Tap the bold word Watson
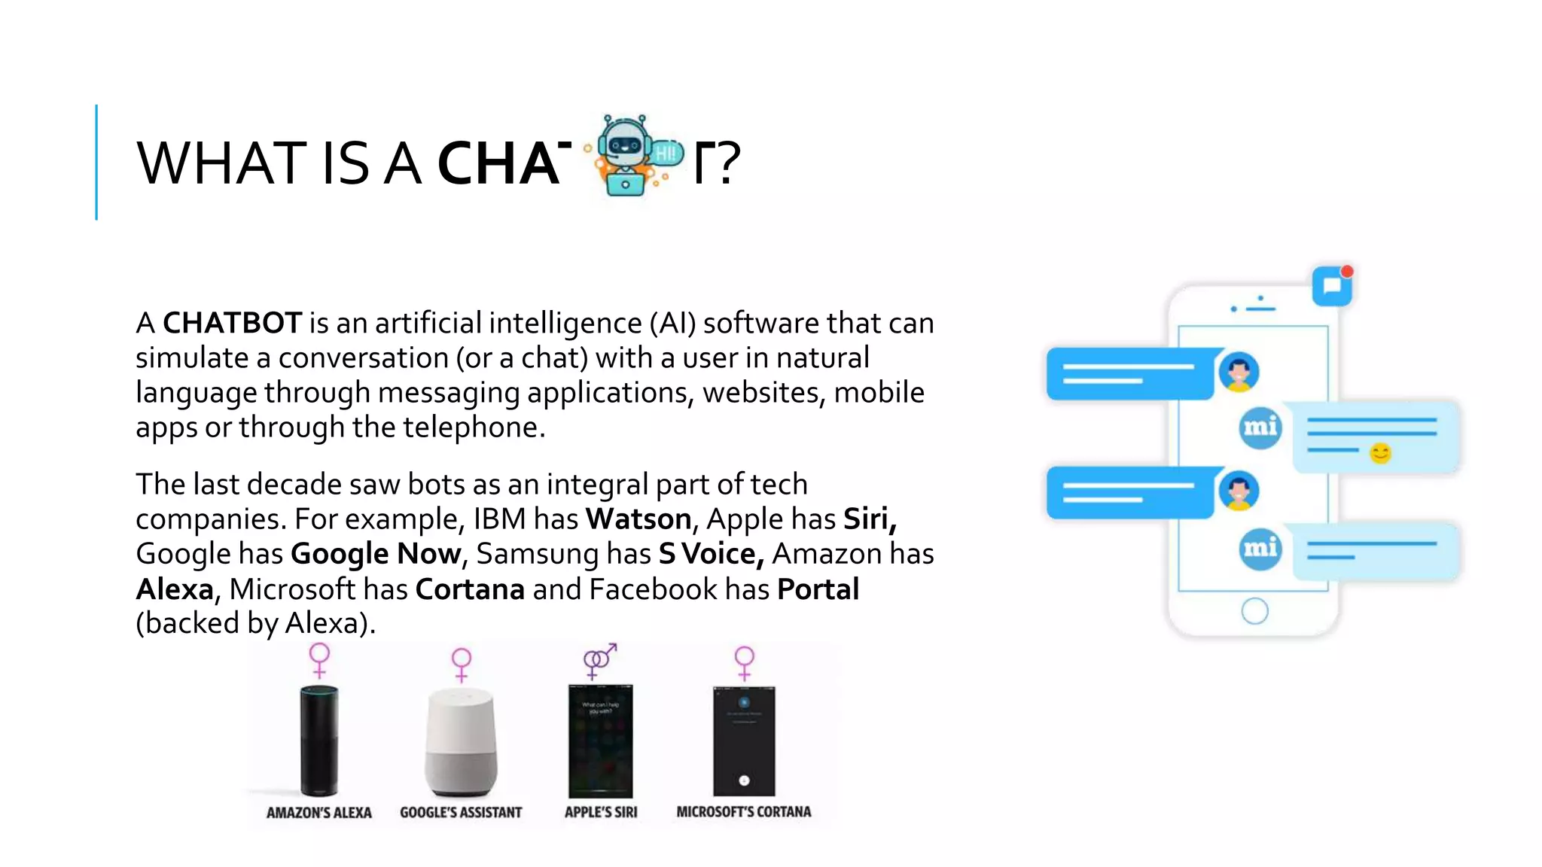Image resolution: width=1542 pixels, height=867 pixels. pyautogui.click(x=638, y=519)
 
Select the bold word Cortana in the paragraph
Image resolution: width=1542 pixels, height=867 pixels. pyautogui.click(x=470, y=589)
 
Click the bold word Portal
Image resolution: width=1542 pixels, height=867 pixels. pyautogui.click(x=818, y=589)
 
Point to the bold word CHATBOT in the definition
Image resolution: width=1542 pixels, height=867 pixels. pyautogui.click(x=233, y=324)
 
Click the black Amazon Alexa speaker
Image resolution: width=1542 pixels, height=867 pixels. pyautogui.click(x=319, y=741)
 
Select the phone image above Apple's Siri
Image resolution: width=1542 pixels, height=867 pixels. pyautogui.click(x=600, y=741)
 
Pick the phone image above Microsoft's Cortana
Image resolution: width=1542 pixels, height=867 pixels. pyautogui.click(x=744, y=741)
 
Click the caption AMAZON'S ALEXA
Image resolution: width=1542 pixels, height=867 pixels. pyautogui.click(x=319, y=813)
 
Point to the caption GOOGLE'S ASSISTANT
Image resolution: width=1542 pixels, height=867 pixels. pyautogui.click(x=461, y=813)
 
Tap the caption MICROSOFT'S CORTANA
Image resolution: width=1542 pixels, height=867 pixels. pyautogui.click(x=744, y=812)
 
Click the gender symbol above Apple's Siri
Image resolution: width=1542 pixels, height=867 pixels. pyautogui.click(x=599, y=661)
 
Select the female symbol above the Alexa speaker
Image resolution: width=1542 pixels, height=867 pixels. pyautogui.click(x=320, y=660)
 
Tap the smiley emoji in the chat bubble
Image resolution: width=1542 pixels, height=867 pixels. pyautogui.click(x=1380, y=453)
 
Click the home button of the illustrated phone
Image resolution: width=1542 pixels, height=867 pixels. pyautogui.click(x=1254, y=610)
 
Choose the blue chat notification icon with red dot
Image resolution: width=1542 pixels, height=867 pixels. pyautogui.click(x=1332, y=286)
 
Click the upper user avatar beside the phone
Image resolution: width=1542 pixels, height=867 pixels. pyautogui.click(x=1239, y=372)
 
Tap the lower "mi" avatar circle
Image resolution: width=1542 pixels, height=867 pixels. pyautogui.click(x=1260, y=549)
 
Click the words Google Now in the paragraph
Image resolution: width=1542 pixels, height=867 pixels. pyautogui.click(x=376, y=554)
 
